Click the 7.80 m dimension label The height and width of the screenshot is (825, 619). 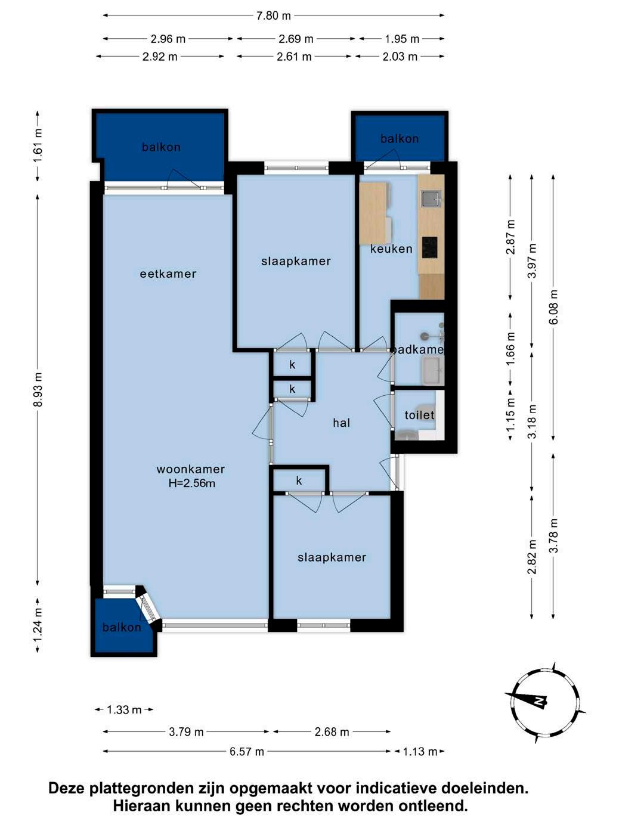click(274, 15)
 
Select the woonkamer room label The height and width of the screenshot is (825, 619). click(191, 469)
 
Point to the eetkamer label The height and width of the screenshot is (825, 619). click(168, 274)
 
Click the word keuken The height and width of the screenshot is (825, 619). click(391, 249)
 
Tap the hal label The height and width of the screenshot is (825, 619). click(341, 423)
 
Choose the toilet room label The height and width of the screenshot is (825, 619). click(419, 415)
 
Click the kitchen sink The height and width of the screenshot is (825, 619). click(431, 199)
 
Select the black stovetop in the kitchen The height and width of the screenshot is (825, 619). click(429, 247)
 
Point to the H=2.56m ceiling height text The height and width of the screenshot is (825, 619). click(191, 483)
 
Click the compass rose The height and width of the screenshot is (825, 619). click(545, 702)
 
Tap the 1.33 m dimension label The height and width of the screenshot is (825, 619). click(124, 709)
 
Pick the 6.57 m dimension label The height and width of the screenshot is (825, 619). click(247, 751)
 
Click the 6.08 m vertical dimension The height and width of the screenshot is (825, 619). click(553, 307)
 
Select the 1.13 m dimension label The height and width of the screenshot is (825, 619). click(420, 751)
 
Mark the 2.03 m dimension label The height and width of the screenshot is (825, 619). click(400, 57)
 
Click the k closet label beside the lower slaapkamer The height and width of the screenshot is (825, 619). click(299, 480)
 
